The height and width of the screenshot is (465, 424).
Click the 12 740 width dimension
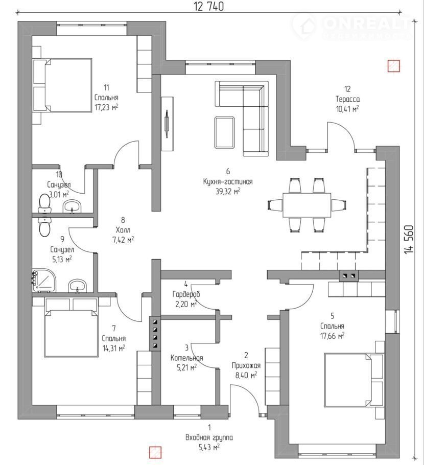click(208, 7)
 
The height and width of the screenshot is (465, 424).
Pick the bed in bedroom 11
click(62, 85)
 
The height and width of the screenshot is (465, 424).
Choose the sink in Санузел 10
click(73, 206)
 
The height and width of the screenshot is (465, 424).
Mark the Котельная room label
click(186, 358)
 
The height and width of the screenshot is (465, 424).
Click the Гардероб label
click(186, 295)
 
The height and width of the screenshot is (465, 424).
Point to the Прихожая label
click(245, 365)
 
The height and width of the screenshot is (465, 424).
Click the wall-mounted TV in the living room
click(167, 123)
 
